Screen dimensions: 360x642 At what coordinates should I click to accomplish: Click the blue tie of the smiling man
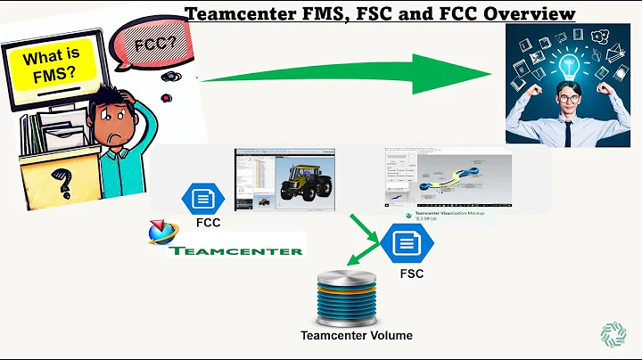[x=567, y=130]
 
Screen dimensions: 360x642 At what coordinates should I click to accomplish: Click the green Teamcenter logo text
[x=235, y=250]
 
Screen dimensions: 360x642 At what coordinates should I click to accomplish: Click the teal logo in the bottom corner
[x=613, y=333]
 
